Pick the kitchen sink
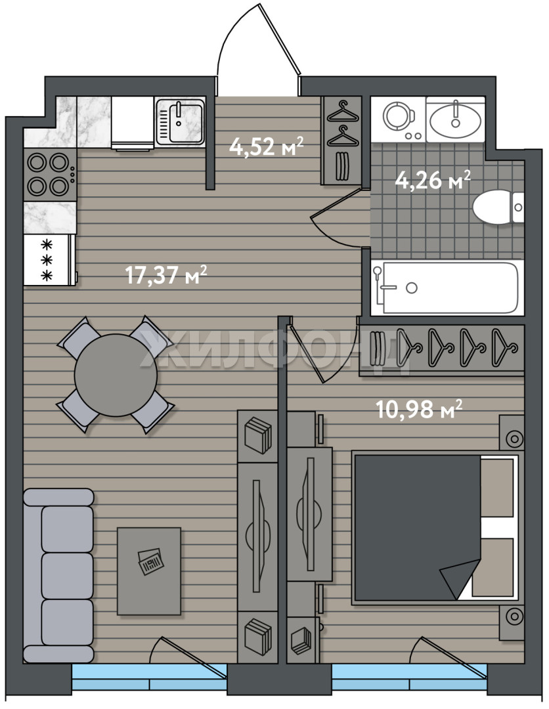tap(180, 121)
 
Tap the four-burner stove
tap(50, 175)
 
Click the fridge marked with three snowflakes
tap(50, 259)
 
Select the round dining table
tap(116, 375)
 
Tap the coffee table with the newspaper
tap(149, 570)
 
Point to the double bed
tap(435, 527)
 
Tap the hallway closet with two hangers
tap(341, 140)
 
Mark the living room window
tap(149, 677)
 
